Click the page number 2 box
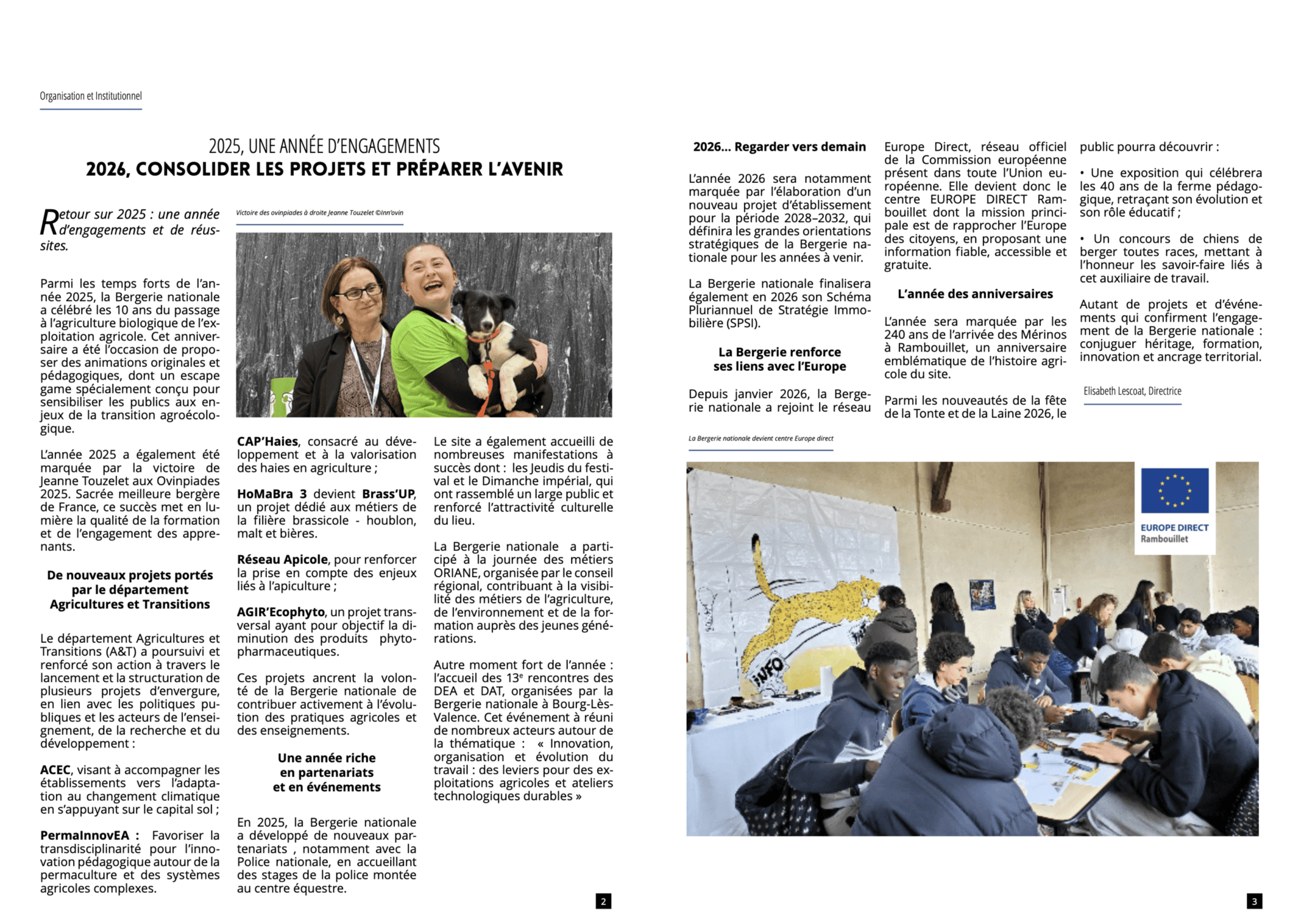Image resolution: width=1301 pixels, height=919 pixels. click(x=603, y=901)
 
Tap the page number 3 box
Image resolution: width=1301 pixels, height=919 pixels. click(x=1253, y=901)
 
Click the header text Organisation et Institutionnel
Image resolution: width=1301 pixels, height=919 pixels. click(x=91, y=96)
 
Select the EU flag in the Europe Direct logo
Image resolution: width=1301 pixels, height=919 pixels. click(x=1174, y=490)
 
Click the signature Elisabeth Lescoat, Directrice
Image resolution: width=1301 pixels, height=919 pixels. click(x=1132, y=391)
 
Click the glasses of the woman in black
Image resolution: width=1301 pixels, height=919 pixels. click(x=359, y=292)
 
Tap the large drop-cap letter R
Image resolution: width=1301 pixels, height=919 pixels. click(x=49, y=222)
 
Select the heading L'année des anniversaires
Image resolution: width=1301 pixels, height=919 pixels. click(x=974, y=294)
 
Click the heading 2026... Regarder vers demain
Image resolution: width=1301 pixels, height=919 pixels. click(x=779, y=147)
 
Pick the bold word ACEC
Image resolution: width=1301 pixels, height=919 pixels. click(x=55, y=770)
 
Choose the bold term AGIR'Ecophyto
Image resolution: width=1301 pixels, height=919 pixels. click(x=281, y=612)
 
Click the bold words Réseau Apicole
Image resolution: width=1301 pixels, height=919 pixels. click(x=282, y=560)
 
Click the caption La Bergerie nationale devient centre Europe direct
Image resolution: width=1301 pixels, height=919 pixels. click(x=760, y=438)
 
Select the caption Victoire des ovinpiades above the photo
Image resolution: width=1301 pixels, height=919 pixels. click(x=320, y=213)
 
